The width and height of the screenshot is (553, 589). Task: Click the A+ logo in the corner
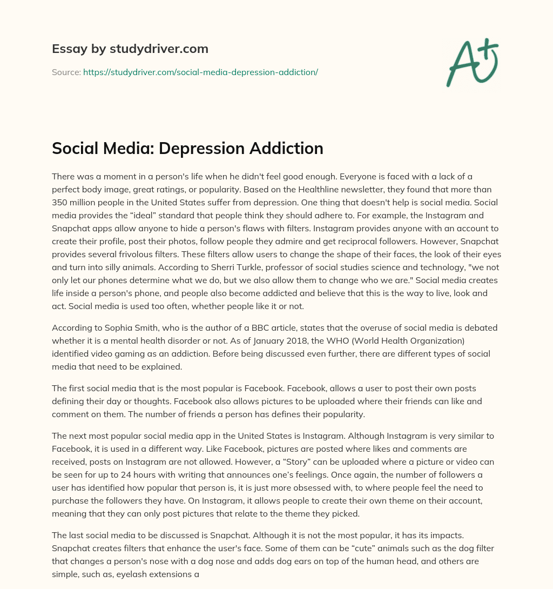click(x=472, y=62)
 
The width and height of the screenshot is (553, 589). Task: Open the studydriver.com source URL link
click(x=200, y=72)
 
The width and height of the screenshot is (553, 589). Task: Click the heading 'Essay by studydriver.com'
click(x=130, y=49)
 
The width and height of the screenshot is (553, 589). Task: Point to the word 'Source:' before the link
click(x=66, y=72)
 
